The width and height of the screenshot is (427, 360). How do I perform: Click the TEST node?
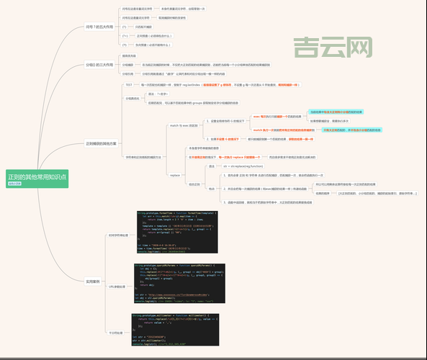pyautogui.click(x=129, y=85)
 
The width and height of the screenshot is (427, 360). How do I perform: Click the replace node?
pyautogui.click(x=174, y=174)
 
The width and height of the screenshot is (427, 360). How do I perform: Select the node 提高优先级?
pyautogui.click(x=130, y=55)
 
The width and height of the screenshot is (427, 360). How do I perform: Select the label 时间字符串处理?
pyautogui.click(x=117, y=235)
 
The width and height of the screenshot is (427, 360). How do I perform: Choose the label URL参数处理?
pyautogui.click(x=117, y=287)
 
